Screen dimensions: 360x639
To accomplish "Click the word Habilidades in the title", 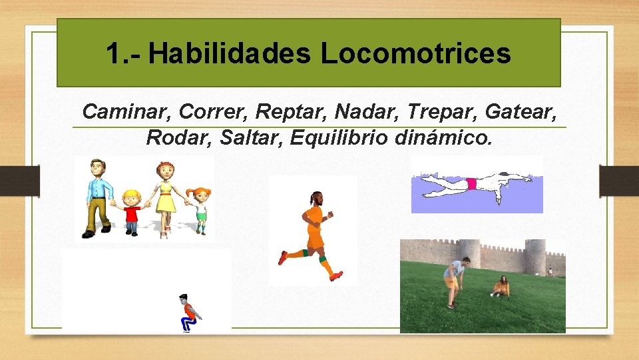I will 229,53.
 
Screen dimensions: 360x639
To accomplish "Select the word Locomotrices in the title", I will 415,53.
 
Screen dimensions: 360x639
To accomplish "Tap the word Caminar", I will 126,111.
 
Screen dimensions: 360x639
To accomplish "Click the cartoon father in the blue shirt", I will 99,197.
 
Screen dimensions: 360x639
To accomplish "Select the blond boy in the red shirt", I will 132,212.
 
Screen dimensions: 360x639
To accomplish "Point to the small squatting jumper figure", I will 190,313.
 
